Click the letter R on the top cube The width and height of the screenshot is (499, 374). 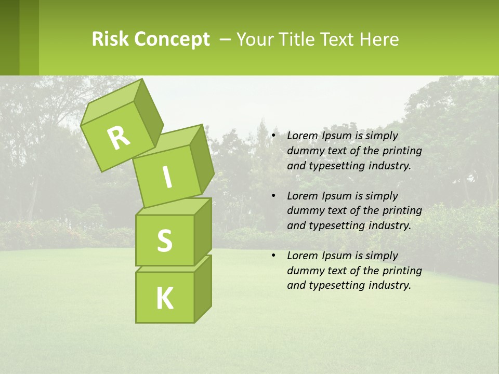119,138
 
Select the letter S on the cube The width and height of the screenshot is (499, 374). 164,241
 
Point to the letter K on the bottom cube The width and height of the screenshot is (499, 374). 164,299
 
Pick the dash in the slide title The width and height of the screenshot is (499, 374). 225,39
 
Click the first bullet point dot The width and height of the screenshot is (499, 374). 273,136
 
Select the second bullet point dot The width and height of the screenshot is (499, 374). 273,196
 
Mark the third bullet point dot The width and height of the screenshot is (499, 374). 273,256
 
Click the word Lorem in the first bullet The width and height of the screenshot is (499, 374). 302,136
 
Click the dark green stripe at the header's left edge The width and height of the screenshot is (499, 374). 9,37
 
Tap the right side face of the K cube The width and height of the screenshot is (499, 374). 203,288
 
